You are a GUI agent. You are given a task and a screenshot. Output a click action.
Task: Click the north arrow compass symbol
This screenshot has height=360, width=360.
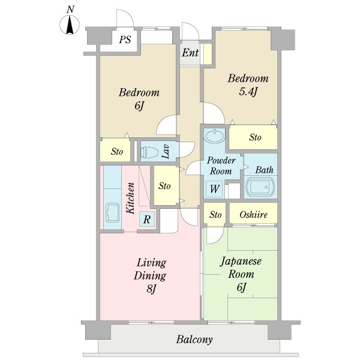tap(70, 23)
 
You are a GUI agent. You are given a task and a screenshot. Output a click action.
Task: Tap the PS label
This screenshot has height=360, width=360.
tap(125, 40)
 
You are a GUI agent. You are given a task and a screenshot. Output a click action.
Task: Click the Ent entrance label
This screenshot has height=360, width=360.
tap(190, 53)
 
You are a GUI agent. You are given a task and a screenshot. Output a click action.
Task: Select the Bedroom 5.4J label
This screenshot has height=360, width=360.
tap(248, 85)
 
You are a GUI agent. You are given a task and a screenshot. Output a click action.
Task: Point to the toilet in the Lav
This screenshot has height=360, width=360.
tap(150, 152)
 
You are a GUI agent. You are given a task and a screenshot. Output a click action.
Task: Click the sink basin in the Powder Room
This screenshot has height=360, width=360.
tap(214, 136)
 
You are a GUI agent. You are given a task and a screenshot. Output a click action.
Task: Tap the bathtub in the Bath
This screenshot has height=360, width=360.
tap(260, 186)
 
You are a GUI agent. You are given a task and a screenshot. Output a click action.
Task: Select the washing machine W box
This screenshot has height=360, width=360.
tap(214, 189)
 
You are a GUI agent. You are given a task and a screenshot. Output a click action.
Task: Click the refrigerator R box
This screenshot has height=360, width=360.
tap(147, 219)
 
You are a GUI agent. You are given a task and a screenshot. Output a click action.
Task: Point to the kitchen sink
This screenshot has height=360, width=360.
tap(113, 213)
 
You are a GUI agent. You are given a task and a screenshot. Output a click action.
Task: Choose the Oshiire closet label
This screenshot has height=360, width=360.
tap(253, 214)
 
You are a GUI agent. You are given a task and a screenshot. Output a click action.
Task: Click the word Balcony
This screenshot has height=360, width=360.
tap(194, 340)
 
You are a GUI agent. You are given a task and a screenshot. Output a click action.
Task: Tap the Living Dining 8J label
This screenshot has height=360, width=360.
tap(150, 275)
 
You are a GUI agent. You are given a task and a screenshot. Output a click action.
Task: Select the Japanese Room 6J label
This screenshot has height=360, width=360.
tap(241, 274)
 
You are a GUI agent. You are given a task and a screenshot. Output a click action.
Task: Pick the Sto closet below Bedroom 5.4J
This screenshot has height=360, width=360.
tap(253, 137)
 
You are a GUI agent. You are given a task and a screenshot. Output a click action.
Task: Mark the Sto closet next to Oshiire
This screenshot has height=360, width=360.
tap(215, 214)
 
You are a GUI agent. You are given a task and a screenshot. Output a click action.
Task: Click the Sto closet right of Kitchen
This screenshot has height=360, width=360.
tap(166, 185)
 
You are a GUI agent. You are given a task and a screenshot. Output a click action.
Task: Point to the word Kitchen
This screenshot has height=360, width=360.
tap(130, 198)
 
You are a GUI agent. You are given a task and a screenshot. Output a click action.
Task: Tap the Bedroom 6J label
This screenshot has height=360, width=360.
tap(139, 99)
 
